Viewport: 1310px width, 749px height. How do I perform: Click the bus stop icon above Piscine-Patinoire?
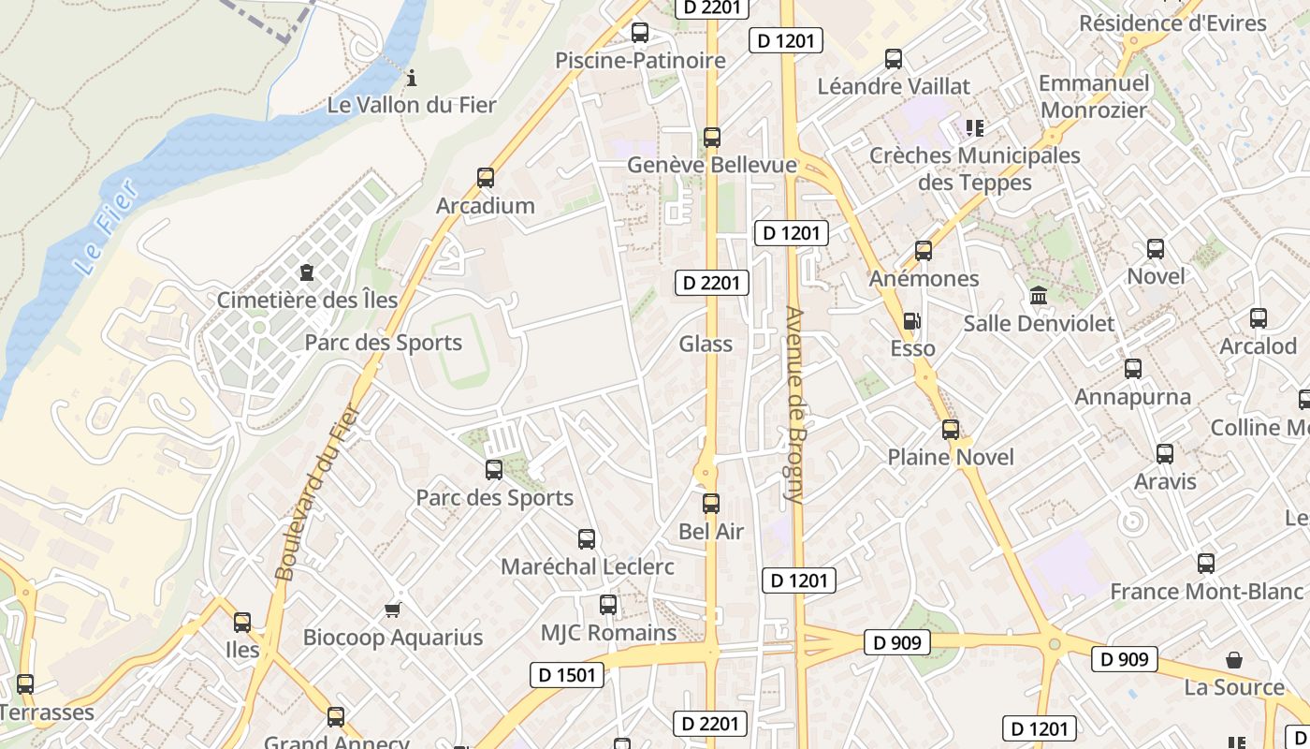click(x=640, y=33)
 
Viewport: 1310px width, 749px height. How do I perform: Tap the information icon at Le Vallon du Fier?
click(x=411, y=77)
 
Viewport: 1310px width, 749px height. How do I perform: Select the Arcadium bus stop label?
click(x=485, y=205)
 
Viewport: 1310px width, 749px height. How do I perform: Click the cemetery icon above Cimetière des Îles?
click(x=306, y=273)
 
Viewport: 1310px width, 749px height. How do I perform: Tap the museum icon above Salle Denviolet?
click(x=1039, y=297)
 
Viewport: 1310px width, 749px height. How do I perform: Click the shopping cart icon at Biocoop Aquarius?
click(x=393, y=610)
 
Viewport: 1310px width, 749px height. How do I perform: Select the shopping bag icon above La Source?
click(x=1234, y=660)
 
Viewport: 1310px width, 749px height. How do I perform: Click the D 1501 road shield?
click(x=567, y=674)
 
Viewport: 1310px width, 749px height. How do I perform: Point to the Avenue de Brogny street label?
click(x=795, y=404)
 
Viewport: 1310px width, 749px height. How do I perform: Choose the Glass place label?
click(x=706, y=344)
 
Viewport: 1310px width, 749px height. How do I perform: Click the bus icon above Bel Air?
click(x=711, y=504)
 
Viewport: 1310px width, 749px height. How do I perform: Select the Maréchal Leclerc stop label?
click(x=587, y=566)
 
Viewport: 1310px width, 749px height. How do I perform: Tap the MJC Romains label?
click(x=608, y=633)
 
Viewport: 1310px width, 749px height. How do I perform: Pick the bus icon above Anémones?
click(x=924, y=251)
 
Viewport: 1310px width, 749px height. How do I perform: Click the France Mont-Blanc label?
click(x=1206, y=592)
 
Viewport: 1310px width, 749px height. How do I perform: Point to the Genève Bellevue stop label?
click(x=711, y=165)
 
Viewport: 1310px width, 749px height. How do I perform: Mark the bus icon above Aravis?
click(x=1165, y=454)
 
